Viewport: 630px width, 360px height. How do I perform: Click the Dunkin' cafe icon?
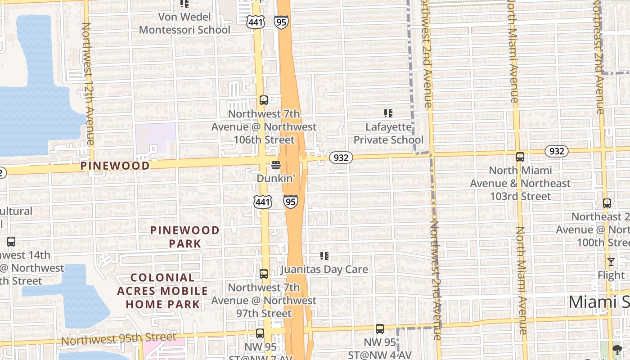pos(276,166)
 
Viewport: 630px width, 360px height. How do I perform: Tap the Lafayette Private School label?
pos(388,134)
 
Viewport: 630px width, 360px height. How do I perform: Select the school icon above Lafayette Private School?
pos(388,113)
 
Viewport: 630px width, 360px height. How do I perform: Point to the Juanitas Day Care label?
pos(324,270)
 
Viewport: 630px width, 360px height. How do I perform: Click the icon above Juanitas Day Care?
pos(324,256)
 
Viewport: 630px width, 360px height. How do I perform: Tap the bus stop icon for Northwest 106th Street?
pos(264,100)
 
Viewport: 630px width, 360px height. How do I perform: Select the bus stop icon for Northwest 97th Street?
pos(264,274)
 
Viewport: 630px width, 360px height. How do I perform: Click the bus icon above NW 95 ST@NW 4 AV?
pos(380,329)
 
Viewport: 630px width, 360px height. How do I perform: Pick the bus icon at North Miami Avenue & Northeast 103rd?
pos(520,157)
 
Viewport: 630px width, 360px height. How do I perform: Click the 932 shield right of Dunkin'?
pos(341,157)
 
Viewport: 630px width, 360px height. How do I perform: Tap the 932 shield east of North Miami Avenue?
pos(557,151)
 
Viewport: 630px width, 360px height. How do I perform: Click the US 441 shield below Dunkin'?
pos(262,202)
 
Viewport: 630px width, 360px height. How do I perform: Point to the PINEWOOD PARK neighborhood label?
pos(185,237)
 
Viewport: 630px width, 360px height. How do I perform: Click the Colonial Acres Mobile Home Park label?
pos(162,291)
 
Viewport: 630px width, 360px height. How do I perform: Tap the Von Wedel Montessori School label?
pos(184,23)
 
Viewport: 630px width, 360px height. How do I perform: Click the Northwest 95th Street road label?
pos(119,339)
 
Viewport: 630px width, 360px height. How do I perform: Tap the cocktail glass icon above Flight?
pos(611,261)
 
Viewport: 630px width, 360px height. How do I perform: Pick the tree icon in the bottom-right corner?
pos(617,349)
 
